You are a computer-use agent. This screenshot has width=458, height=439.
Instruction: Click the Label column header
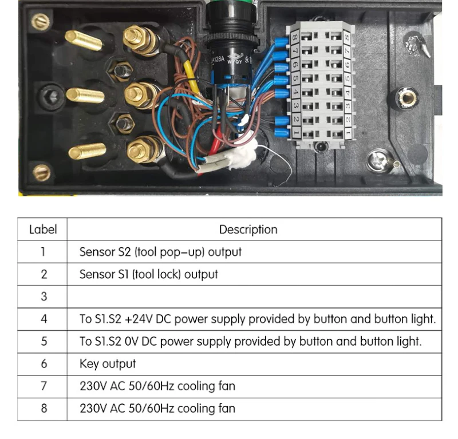click(x=43, y=230)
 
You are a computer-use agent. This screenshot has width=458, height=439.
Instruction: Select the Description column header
click(x=248, y=230)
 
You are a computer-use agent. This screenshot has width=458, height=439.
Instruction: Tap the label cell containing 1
click(x=43, y=252)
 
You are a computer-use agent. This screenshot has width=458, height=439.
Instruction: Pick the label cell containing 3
click(x=43, y=296)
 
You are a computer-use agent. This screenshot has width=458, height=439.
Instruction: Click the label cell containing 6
click(x=43, y=363)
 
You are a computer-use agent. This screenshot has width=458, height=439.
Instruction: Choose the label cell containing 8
click(x=43, y=409)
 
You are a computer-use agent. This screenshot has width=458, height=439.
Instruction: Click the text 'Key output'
click(x=108, y=363)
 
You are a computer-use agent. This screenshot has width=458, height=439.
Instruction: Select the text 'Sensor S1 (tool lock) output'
click(x=148, y=274)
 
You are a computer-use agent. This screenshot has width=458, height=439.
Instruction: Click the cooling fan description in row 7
click(x=157, y=386)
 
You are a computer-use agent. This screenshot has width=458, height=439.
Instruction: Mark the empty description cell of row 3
click(x=254, y=296)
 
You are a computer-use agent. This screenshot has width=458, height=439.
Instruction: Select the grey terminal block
click(x=321, y=86)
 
